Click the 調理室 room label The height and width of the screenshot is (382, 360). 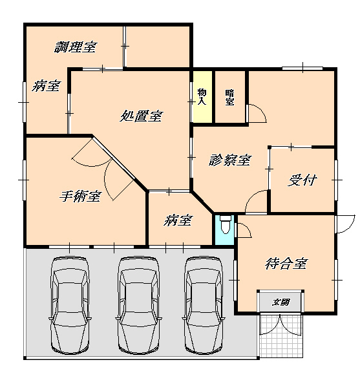click(x=76, y=47)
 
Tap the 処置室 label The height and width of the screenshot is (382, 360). click(x=141, y=116)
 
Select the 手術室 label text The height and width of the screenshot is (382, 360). click(x=80, y=196)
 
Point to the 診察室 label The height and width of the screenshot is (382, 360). click(x=229, y=160)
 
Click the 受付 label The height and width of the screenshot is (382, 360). click(x=302, y=180)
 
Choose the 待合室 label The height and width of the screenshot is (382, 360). click(x=286, y=264)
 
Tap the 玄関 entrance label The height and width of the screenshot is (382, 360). click(x=281, y=302)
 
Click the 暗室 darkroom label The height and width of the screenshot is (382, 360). click(x=229, y=98)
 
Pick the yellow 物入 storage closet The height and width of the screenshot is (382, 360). click(x=202, y=97)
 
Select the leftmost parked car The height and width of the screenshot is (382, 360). click(x=70, y=306)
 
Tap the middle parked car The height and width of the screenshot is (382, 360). click(x=138, y=306)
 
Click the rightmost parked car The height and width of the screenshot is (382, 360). click(x=204, y=306)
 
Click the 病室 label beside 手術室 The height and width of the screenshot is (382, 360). click(x=178, y=220)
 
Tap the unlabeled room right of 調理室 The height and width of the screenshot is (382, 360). click(x=158, y=47)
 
